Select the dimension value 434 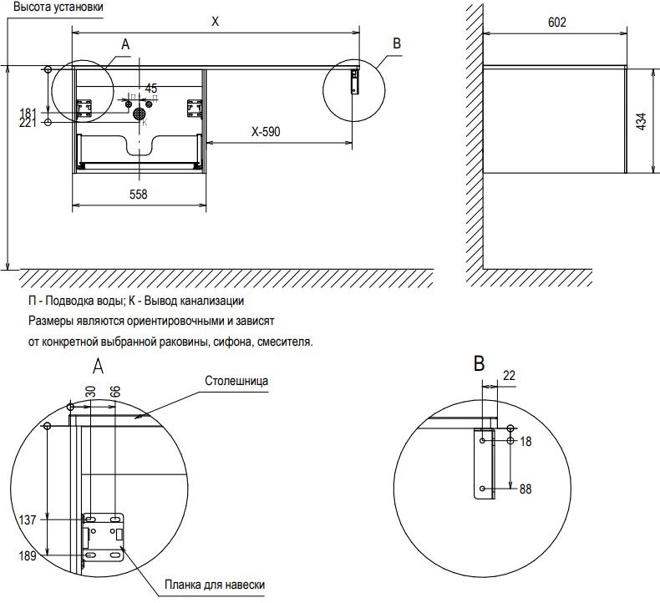click(641, 121)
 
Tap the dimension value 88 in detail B click(525, 489)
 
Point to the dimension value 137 click(27, 519)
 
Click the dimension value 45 click(151, 88)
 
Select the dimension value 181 click(27, 113)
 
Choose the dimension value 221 click(27, 123)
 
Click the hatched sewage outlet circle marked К click(139, 113)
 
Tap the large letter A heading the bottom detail click(97, 366)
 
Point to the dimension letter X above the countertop click(215, 23)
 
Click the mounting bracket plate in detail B click(485, 464)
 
